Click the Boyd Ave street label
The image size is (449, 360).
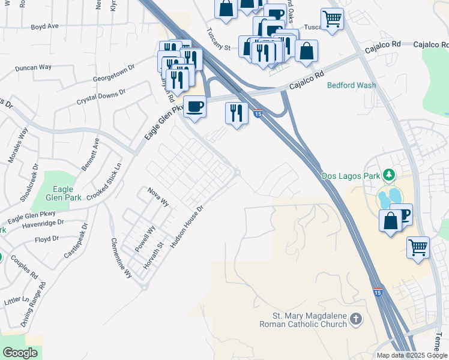pyautogui.click(x=45, y=27)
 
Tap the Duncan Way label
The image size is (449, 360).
pyautogui.click(x=34, y=68)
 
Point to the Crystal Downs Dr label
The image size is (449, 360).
pyautogui.click(x=101, y=98)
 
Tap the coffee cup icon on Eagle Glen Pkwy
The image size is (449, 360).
pyautogui.click(x=194, y=107)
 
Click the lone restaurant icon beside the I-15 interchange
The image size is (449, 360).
pyautogui.click(x=237, y=113)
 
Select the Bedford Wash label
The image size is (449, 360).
pyautogui.click(x=351, y=85)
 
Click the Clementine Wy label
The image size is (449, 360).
pyautogui.click(x=121, y=257)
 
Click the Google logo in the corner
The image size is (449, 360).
pyautogui.click(x=20, y=353)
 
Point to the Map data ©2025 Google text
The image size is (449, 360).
pyautogui.click(x=412, y=355)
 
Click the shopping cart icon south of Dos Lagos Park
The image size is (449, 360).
pyautogui.click(x=418, y=247)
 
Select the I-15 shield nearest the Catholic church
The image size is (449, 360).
pyautogui.click(x=378, y=292)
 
